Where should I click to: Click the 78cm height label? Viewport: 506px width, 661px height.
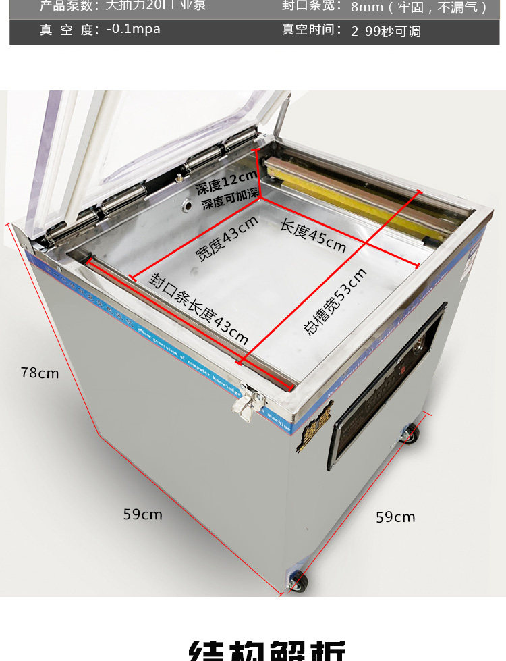(x=39, y=373)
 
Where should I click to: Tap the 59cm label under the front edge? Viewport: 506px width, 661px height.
(x=142, y=514)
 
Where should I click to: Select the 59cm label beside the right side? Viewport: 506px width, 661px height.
(x=395, y=517)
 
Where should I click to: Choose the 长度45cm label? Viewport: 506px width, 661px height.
(x=313, y=235)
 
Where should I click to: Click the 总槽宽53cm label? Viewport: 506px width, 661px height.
(x=335, y=301)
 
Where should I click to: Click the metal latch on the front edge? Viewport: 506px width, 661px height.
(x=246, y=403)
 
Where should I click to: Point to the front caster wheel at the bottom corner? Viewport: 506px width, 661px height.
(x=297, y=581)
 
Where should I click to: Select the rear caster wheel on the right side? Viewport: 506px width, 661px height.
(x=410, y=433)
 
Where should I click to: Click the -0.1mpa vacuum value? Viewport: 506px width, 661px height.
(x=133, y=30)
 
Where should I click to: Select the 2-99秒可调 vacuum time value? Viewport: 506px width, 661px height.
(x=386, y=31)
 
